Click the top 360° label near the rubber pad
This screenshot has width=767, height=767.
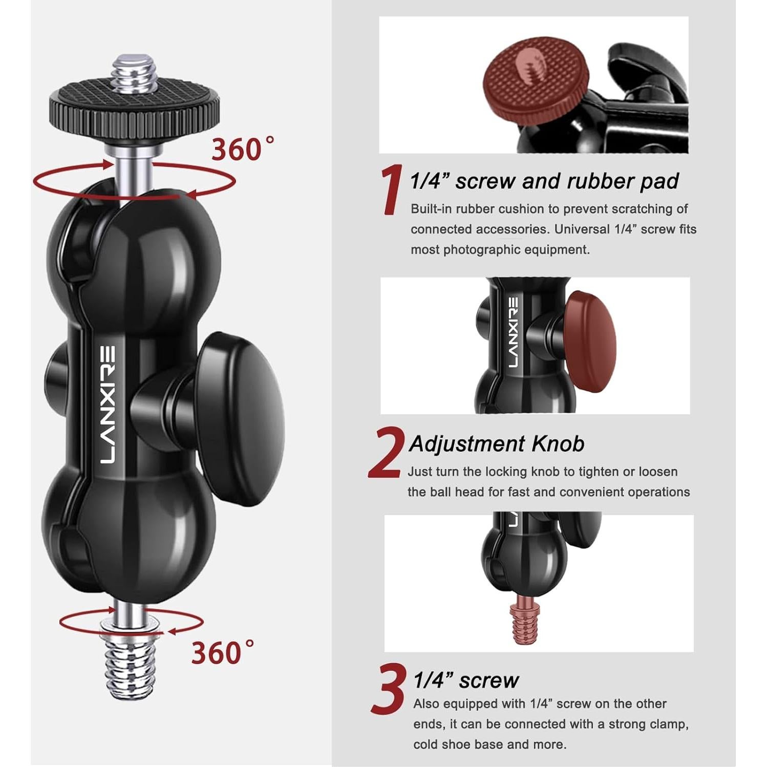pos(242,149)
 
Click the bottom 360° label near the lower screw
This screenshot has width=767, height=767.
pos(221,653)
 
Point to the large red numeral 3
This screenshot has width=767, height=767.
pos(389,689)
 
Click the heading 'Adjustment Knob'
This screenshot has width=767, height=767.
pos(496,444)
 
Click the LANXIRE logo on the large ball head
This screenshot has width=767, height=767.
pos(108,404)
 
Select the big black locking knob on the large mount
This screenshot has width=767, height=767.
pos(241,417)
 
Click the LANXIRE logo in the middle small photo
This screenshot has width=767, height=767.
pos(513,332)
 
